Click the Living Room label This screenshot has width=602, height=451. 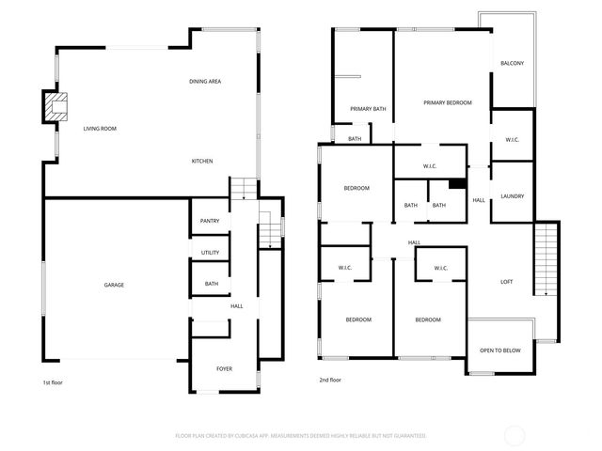(99, 128)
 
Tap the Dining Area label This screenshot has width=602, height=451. (205, 83)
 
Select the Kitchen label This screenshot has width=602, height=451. (202, 161)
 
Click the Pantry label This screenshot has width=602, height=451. (210, 221)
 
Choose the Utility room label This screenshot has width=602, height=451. (210, 253)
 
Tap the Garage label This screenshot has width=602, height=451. (114, 285)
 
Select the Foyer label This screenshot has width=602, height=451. (224, 368)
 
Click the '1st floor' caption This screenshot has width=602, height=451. (53, 382)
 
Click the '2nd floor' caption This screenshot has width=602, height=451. (330, 380)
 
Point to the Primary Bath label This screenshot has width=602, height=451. (368, 109)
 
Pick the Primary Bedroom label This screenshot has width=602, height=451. (447, 102)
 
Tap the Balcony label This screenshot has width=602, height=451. (513, 63)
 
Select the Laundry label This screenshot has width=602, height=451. (513, 196)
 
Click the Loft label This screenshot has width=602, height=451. (506, 282)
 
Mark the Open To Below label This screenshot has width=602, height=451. (500, 350)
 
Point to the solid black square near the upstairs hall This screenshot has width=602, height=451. (457, 184)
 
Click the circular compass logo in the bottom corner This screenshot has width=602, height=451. (514, 435)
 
